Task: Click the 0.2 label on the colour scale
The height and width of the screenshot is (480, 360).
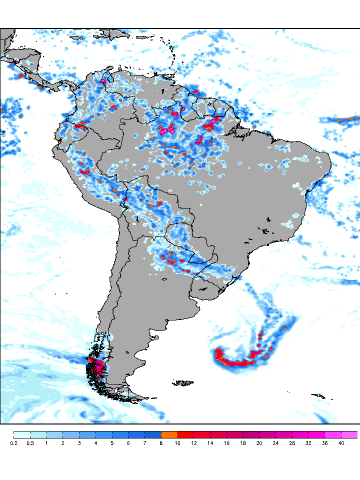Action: (14, 443)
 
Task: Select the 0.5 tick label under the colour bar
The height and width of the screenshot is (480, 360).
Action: (30, 443)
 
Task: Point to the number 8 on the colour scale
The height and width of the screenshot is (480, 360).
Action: (161, 443)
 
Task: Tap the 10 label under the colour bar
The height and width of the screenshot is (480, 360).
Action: (178, 443)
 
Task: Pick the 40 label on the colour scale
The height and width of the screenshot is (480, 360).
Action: (341, 443)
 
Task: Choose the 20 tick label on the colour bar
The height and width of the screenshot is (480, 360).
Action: (259, 443)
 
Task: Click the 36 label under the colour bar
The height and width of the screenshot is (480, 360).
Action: (325, 443)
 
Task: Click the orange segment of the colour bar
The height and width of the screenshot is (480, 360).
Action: (169, 434)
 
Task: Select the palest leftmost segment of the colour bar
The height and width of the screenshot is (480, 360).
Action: (22, 434)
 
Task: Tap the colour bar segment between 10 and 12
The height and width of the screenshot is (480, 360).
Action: (186, 434)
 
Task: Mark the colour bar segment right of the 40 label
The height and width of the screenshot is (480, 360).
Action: (349, 434)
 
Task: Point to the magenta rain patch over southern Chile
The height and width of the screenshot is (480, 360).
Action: (99, 367)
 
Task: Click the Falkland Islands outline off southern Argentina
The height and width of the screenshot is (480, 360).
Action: (183, 383)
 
